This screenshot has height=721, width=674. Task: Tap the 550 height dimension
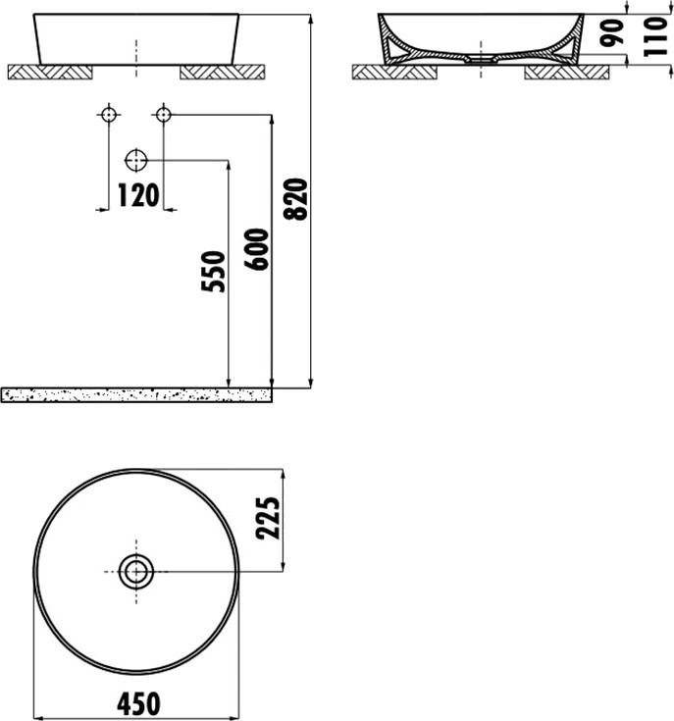click(214, 272)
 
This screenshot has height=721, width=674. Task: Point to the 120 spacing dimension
click(138, 195)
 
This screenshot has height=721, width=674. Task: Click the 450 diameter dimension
click(138, 704)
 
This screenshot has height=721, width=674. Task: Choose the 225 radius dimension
click(268, 517)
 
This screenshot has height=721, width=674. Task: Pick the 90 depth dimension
click(613, 32)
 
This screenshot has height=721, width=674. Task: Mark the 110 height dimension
click(655, 36)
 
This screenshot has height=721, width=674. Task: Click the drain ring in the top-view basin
click(136, 572)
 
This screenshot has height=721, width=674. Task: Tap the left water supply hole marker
click(109, 114)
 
